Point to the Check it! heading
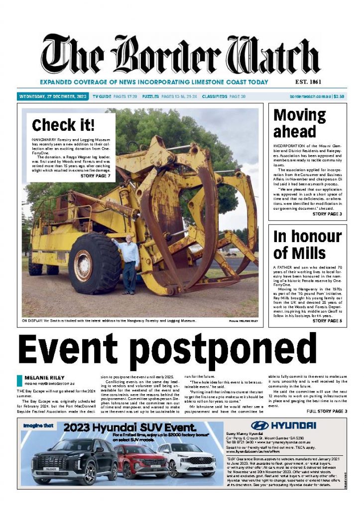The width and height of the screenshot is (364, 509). pyautogui.click(x=63, y=125)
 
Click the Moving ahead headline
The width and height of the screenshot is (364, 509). pyautogui.click(x=300, y=123)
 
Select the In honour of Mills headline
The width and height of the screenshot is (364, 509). pyautogui.click(x=307, y=244)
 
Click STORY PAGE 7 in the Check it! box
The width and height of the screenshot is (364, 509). pyautogui.click(x=96, y=175)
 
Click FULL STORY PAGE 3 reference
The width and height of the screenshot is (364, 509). pyautogui.click(x=327, y=412)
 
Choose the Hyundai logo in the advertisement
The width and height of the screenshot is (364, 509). pyautogui.click(x=283, y=425)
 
